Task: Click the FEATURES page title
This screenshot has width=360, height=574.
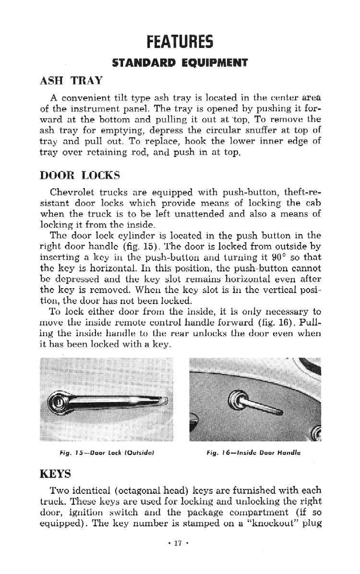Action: click(180, 42)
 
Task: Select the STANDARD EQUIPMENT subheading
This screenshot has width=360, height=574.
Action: click(180, 63)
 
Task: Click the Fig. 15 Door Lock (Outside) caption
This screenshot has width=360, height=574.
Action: click(107, 452)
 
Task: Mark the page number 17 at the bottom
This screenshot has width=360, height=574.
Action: click(179, 543)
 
